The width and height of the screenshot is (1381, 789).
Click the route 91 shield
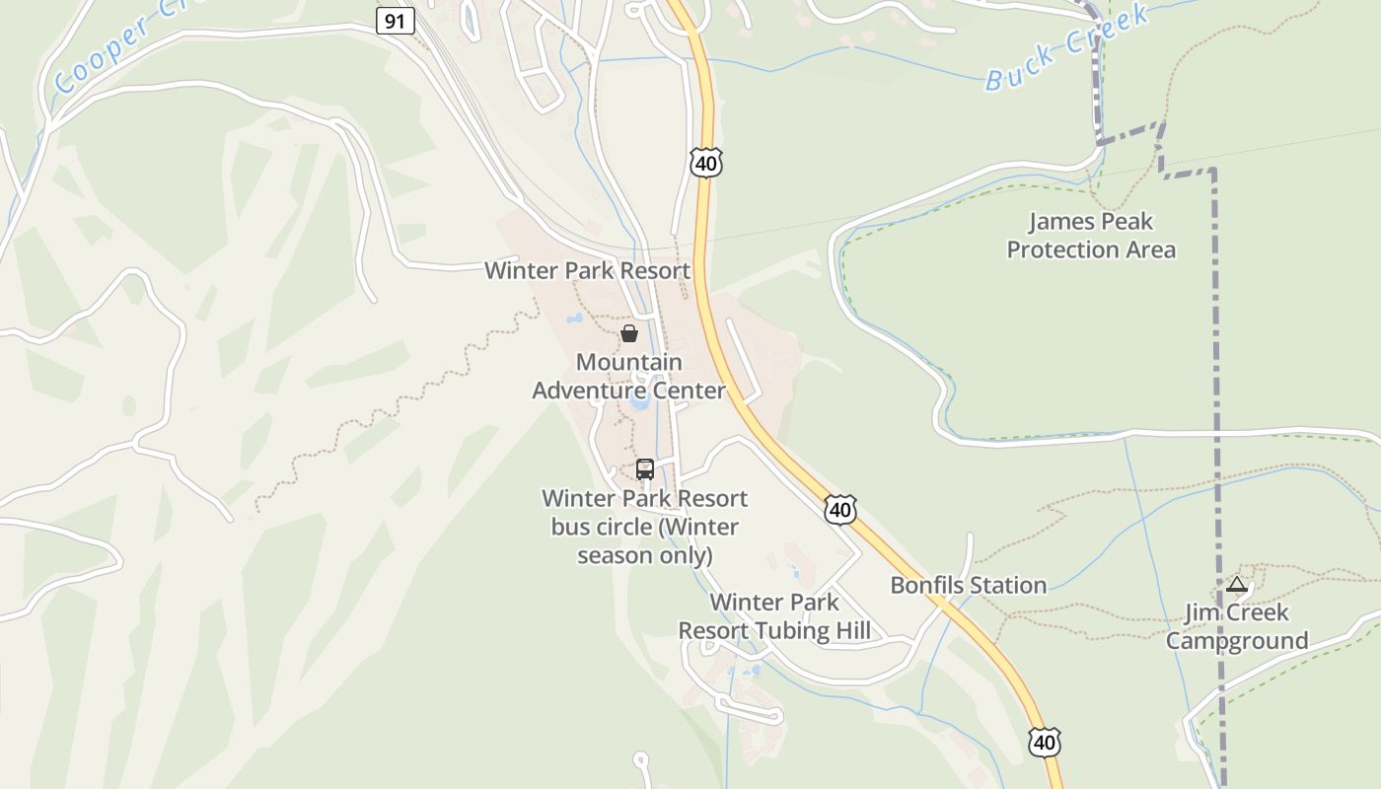click(395, 21)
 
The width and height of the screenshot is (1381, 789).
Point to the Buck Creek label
click(1067, 46)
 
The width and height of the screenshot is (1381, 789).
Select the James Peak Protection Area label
click(1091, 236)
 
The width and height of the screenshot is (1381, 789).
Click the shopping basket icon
click(628, 333)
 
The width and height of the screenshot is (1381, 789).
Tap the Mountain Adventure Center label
click(629, 377)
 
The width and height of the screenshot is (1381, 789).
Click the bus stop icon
click(645, 469)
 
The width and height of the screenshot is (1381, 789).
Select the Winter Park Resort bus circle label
click(645, 527)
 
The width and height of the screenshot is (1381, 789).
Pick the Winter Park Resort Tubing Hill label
click(775, 616)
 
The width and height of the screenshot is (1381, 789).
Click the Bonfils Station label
click(969, 585)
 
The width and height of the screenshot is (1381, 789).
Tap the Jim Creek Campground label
click(1237, 626)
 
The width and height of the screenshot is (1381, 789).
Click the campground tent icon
click(1237, 585)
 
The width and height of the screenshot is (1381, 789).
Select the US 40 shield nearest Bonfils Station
click(839, 510)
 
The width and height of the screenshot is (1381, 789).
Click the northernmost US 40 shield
click(706, 163)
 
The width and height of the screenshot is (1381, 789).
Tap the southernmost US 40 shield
click(1045, 742)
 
